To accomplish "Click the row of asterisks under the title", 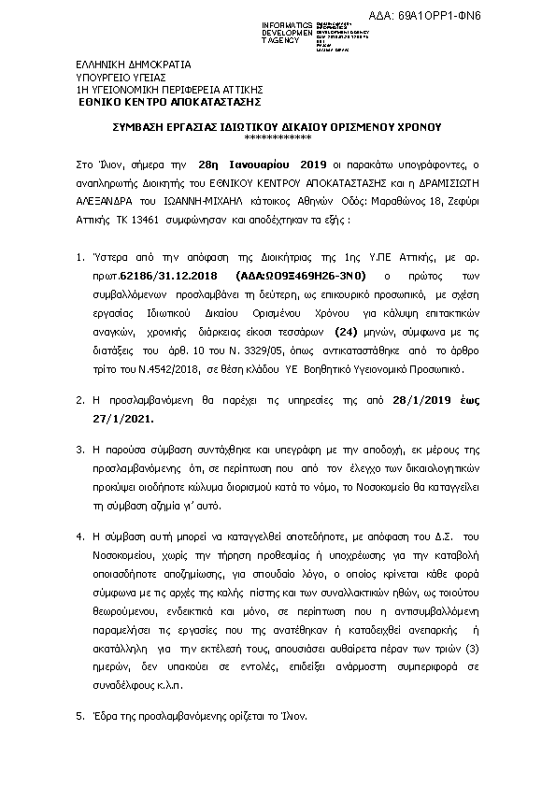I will (278, 136).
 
